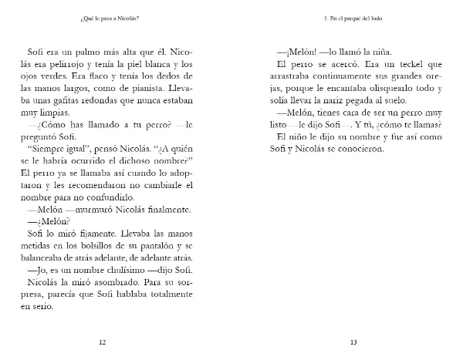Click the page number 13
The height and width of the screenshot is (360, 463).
click(x=353, y=342)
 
